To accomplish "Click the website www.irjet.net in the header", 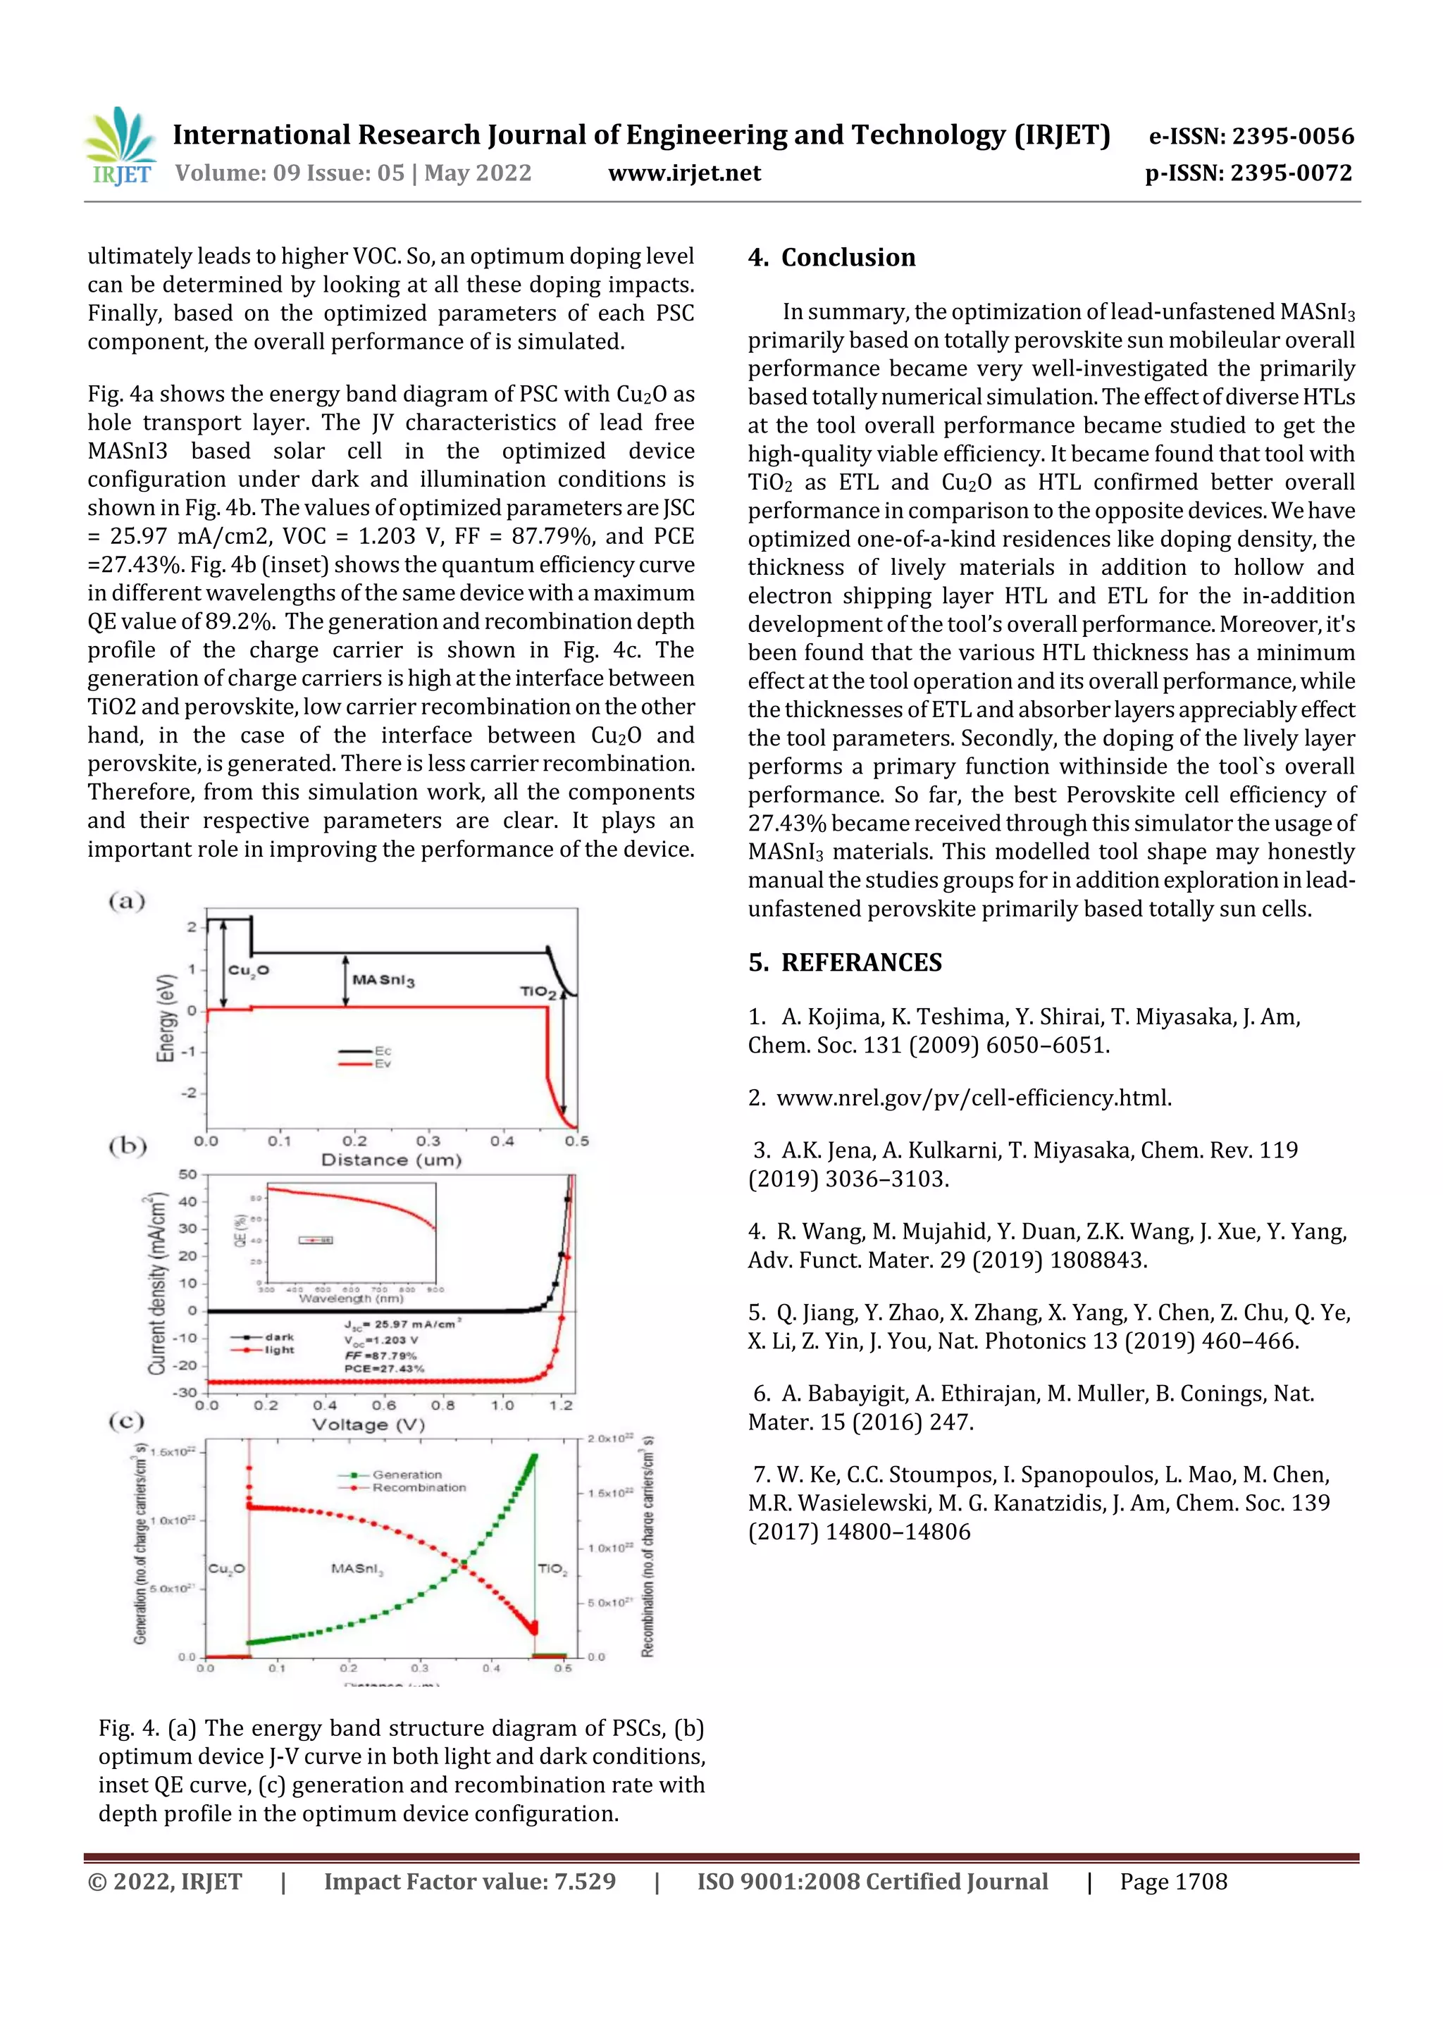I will pyautogui.click(x=683, y=173).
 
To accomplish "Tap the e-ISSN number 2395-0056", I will pyautogui.click(x=1292, y=136).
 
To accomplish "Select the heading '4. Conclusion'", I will pyautogui.click(x=831, y=258).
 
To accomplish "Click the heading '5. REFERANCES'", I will pyautogui.click(x=845, y=962).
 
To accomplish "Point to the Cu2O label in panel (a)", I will pyautogui.click(x=248, y=970).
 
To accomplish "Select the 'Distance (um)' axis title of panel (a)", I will pyautogui.click(x=391, y=1160).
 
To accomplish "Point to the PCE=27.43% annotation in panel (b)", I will pyautogui.click(x=384, y=1369).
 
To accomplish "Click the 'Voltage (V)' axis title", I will pyautogui.click(x=368, y=1425).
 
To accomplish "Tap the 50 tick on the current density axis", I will pyautogui.click(x=187, y=1174).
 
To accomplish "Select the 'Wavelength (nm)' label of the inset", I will pyautogui.click(x=350, y=1298).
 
